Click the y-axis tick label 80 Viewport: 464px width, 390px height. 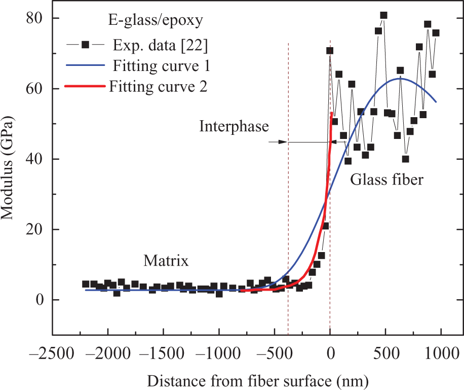(x=34, y=18)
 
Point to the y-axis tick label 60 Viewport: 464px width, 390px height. (x=34, y=89)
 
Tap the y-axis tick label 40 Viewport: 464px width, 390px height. (x=34, y=159)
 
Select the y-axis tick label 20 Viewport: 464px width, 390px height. (x=34, y=230)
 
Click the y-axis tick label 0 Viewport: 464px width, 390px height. (x=40, y=300)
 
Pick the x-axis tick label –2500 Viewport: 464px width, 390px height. (x=51, y=353)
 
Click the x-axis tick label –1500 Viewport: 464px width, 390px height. (x=163, y=353)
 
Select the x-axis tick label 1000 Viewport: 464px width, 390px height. (x=442, y=353)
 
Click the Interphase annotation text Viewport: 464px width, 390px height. (x=234, y=126)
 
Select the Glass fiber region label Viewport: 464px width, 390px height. (x=387, y=180)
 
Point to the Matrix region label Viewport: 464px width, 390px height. (x=166, y=261)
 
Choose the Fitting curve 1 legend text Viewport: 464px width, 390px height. (x=161, y=66)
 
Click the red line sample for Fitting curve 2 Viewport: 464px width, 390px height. (x=85, y=86)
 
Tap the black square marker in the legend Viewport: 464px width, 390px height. (x=86, y=45)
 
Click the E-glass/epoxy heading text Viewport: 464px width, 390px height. (x=156, y=21)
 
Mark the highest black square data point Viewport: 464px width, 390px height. (x=384, y=15)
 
